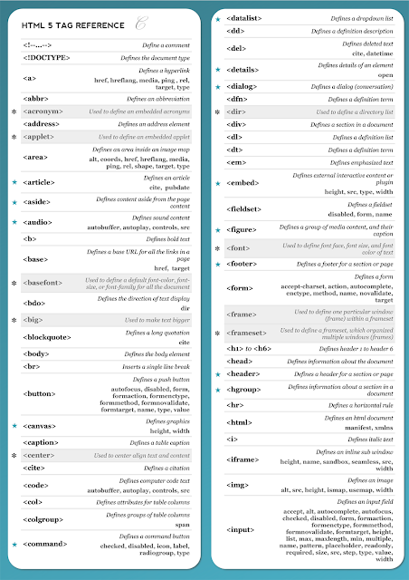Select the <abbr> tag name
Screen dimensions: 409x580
33,98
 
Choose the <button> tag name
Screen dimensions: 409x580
39,393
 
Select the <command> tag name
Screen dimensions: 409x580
43,545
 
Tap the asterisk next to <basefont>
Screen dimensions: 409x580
14,284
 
